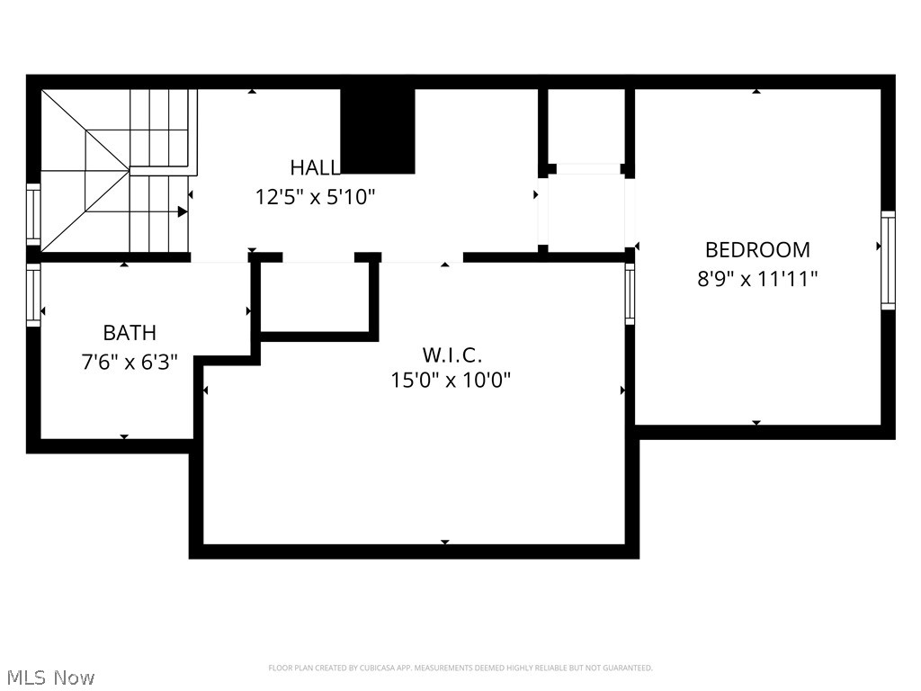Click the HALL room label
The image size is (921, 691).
(x=314, y=167)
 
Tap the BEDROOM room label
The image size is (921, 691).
(x=757, y=249)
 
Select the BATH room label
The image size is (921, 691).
(x=130, y=333)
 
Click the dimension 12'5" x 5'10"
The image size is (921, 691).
(x=315, y=197)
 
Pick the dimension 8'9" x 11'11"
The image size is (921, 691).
(x=757, y=278)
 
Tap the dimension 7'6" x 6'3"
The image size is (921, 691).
(x=130, y=362)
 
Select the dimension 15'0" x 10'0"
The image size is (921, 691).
(x=451, y=381)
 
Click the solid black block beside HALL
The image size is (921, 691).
(x=378, y=130)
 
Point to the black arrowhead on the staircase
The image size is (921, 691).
(x=183, y=212)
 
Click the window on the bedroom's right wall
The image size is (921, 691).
(x=888, y=260)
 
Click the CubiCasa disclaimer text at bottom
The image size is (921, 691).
(x=460, y=668)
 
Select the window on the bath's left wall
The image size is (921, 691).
(x=33, y=295)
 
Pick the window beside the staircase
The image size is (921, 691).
(x=33, y=213)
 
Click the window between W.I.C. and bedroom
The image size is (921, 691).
(x=630, y=293)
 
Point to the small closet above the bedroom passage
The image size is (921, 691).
(x=586, y=126)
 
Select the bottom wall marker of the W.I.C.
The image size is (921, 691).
(x=444, y=542)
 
